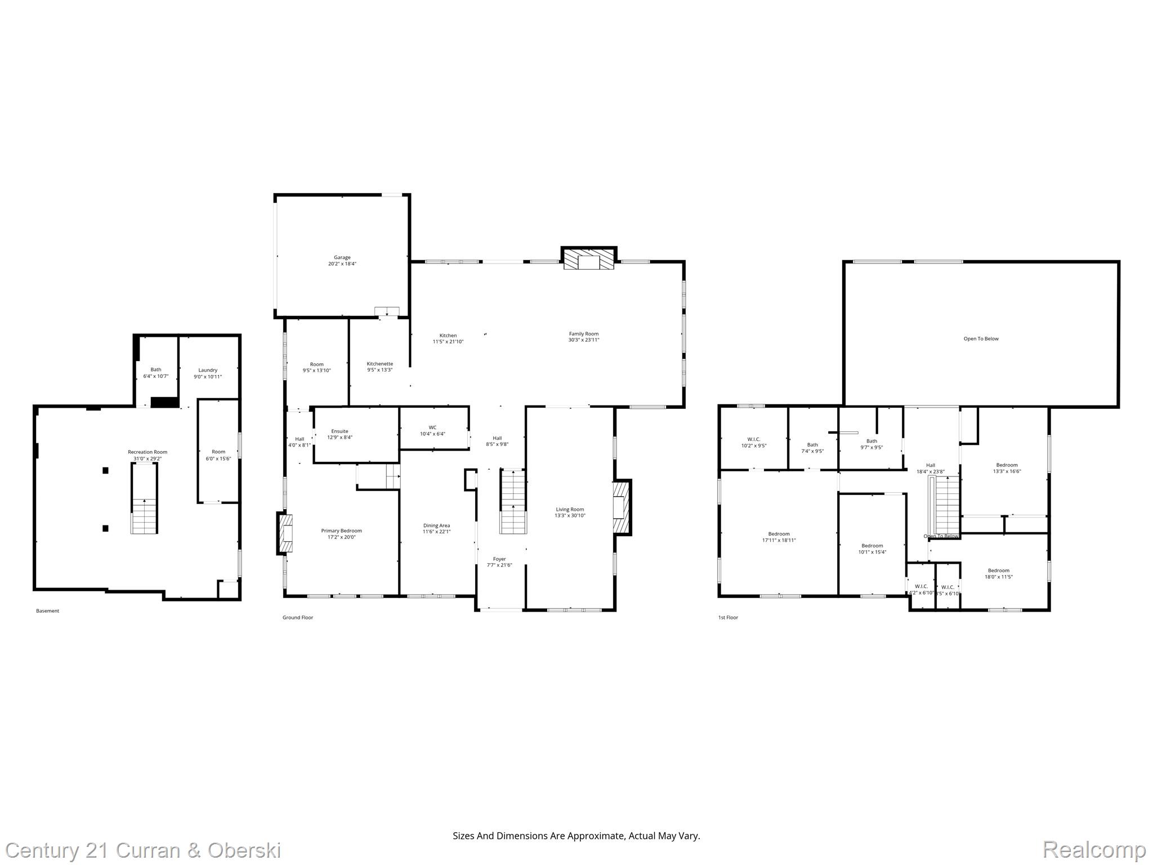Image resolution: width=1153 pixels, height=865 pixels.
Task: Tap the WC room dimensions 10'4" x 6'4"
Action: [x=432, y=434]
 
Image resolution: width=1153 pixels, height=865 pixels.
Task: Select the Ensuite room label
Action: [x=339, y=431]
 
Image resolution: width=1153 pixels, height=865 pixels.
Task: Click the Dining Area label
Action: [x=436, y=525]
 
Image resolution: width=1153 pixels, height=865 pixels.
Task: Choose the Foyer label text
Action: [x=499, y=559]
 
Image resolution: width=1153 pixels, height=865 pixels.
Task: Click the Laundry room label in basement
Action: [x=208, y=370]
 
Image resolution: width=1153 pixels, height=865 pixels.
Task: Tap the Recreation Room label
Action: [x=147, y=452]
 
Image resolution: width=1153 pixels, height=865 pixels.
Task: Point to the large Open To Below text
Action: [x=981, y=339]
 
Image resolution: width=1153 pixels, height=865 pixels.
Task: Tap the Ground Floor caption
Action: [x=297, y=618]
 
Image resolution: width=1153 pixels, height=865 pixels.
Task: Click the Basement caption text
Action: [x=47, y=611]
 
